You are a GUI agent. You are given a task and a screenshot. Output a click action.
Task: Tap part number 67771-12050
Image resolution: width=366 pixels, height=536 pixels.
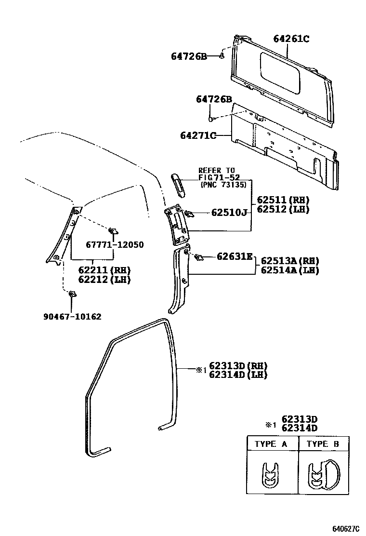point(115,245)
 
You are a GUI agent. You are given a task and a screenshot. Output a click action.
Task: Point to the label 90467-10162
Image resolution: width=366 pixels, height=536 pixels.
point(72,317)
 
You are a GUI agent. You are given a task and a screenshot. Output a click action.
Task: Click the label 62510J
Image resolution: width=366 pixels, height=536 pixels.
point(229,213)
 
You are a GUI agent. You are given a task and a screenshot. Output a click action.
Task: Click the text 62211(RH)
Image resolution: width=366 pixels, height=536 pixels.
point(104,270)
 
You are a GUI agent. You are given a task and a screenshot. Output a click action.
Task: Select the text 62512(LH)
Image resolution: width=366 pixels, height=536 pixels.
point(283,209)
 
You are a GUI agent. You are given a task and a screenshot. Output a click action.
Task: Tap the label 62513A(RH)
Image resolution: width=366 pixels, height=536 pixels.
point(290,261)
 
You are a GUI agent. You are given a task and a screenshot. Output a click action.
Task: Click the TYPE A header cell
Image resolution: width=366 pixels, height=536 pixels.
point(271,444)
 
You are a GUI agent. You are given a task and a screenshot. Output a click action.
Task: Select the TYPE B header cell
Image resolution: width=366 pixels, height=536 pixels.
point(323,444)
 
